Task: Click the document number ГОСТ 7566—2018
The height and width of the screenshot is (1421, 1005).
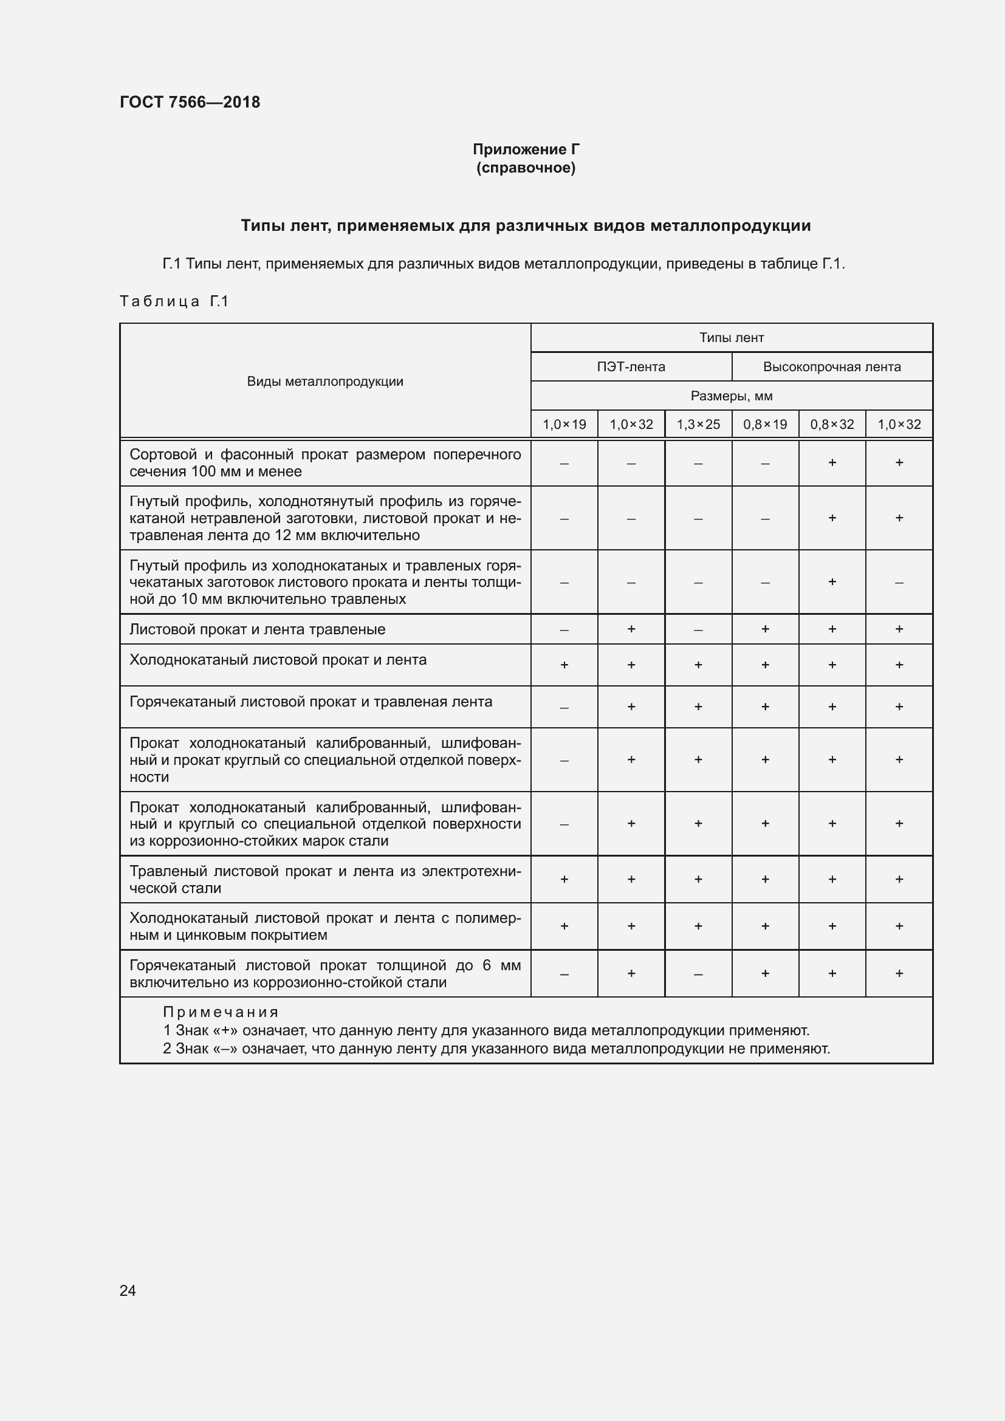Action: pyautogui.click(x=190, y=102)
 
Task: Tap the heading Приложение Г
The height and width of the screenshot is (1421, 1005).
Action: pyautogui.click(x=526, y=149)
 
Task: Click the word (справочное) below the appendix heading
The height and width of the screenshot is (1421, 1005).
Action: pyautogui.click(x=526, y=168)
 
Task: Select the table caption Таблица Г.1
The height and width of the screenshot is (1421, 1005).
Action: pyautogui.click(x=174, y=301)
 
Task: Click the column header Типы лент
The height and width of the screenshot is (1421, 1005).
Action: pyautogui.click(x=731, y=338)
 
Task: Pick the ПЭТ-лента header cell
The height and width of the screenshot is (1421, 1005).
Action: pyautogui.click(x=631, y=367)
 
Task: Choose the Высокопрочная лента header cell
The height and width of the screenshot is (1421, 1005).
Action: pyautogui.click(x=831, y=367)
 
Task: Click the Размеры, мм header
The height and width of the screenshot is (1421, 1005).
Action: pyautogui.click(x=731, y=396)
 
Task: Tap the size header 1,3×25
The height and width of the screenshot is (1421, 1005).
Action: pyautogui.click(x=698, y=425)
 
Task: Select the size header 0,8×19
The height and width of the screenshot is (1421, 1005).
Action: pyautogui.click(x=764, y=425)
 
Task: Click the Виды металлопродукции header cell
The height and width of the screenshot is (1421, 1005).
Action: pyautogui.click(x=325, y=382)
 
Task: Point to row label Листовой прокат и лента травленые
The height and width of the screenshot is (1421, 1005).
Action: pyautogui.click(x=257, y=629)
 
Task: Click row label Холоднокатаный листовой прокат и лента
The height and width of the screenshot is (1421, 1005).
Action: pyautogui.click(x=278, y=660)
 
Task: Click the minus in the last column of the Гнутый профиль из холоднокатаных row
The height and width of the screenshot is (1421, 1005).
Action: pyautogui.click(x=899, y=583)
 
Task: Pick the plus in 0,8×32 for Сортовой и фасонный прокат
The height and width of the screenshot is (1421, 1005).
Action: pyautogui.click(x=832, y=462)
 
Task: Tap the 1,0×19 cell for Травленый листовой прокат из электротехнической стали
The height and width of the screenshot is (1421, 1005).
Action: pyautogui.click(x=564, y=879)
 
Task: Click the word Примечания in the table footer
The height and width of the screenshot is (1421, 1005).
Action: pyautogui.click(x=221, y=1012)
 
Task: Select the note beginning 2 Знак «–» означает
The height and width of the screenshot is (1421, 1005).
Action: pyautogui.click(x=496, y=1049)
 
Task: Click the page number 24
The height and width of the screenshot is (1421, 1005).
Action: pyautogui.click(x=128, y=1290)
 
